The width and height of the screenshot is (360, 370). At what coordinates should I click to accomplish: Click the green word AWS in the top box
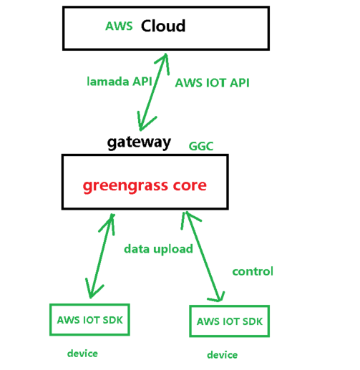(x=118, y=26)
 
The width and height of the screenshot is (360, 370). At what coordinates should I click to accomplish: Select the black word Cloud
(x=163, y=26)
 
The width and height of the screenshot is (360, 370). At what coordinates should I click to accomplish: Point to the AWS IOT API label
(x=212, y=82)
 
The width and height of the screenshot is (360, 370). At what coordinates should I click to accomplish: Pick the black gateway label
(x=139, y=142)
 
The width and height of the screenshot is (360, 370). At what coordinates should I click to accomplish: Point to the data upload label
(x=158, y=249)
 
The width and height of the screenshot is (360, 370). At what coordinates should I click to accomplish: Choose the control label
(x=253, y=271)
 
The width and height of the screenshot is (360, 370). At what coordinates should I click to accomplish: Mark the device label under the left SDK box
(x=82, y=354)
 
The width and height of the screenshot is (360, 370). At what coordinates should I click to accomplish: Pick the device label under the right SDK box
(x=222, y=355)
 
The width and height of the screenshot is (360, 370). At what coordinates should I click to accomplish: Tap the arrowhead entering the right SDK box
(x=220, y=298)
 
